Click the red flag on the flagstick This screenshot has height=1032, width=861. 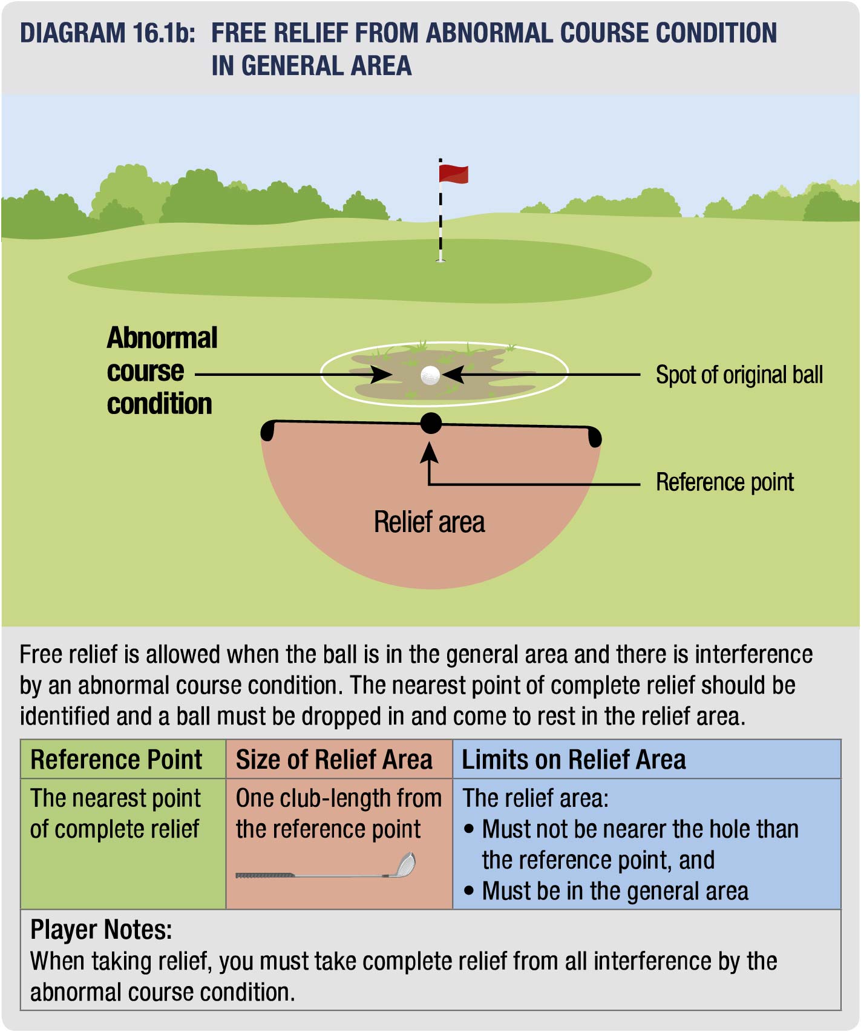453,174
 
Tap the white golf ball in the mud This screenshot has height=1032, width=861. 430,375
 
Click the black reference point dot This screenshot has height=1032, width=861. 431,423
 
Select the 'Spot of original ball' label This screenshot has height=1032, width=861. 739,375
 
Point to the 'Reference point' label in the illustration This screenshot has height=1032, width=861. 724,482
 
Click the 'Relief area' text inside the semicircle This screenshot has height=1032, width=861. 429,522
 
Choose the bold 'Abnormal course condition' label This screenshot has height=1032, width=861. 161,371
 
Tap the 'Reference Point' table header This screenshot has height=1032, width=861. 116,760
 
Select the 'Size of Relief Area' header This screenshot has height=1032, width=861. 334,760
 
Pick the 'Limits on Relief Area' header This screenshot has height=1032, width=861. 574,760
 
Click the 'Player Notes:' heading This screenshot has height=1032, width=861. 101,930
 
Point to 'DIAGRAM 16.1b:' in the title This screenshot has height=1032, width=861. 108,33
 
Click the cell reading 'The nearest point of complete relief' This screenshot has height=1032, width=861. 115,813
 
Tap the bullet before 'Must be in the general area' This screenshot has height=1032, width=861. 469,891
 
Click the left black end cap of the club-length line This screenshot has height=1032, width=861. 267,430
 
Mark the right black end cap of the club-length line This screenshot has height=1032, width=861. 595,437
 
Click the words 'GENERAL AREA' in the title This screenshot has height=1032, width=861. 327,65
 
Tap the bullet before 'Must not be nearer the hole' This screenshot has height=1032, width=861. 469,829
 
